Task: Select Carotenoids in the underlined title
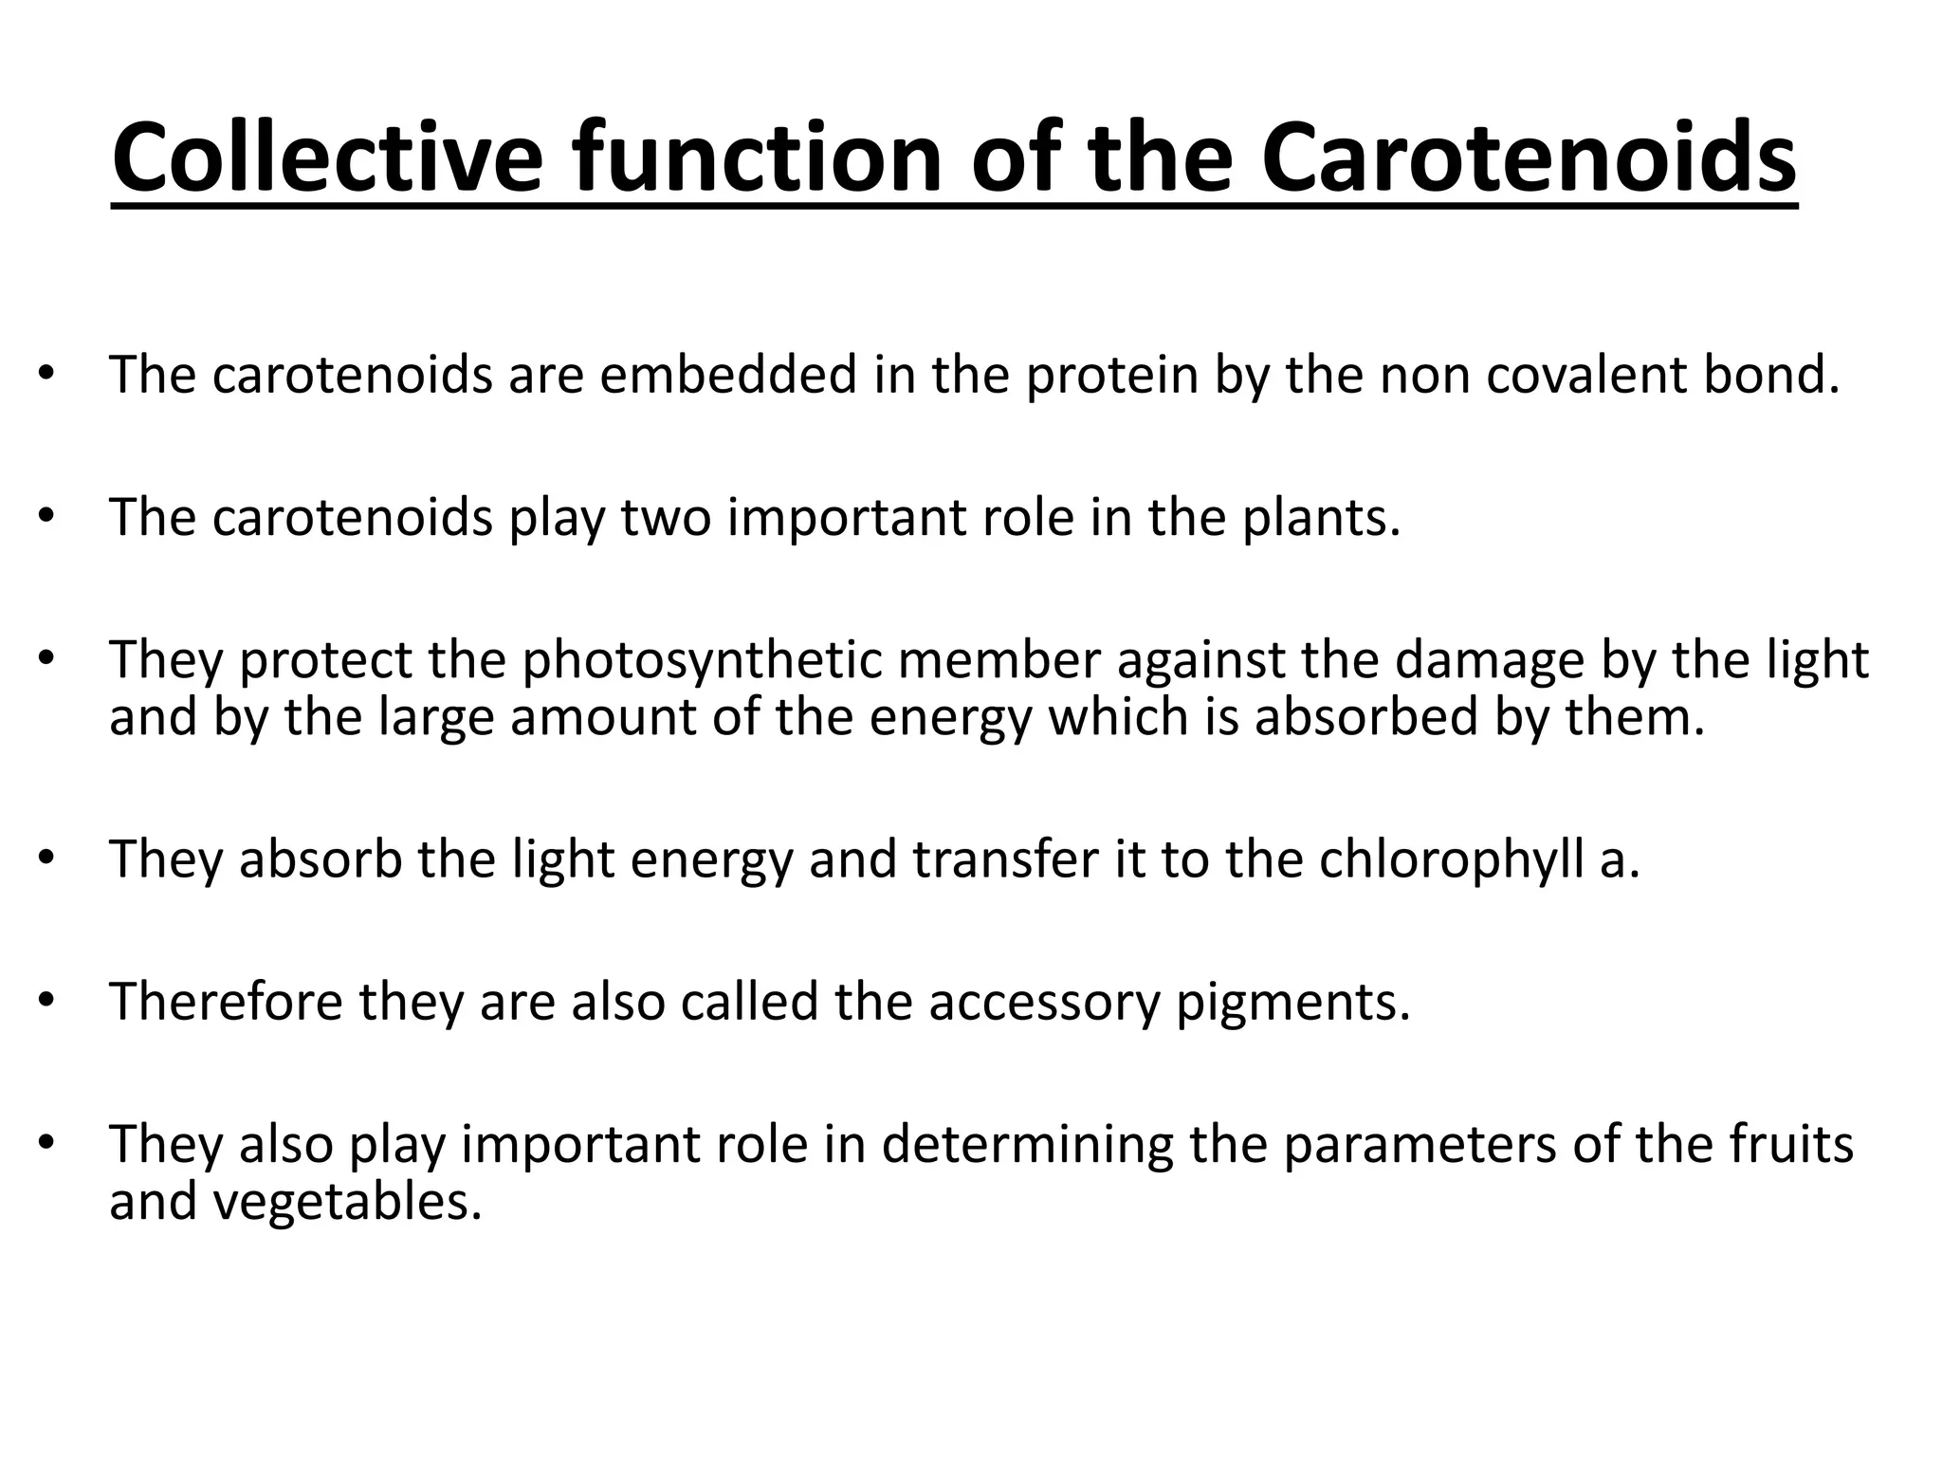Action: pyautogui.click(x=1528, y=157)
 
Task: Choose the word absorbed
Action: pyautogui.click(x=1366, y=716)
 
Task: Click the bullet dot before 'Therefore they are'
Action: pyautogui.click(x=46, y=1000)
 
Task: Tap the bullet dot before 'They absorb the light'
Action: pyautogui.click(x=46, y=858)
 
